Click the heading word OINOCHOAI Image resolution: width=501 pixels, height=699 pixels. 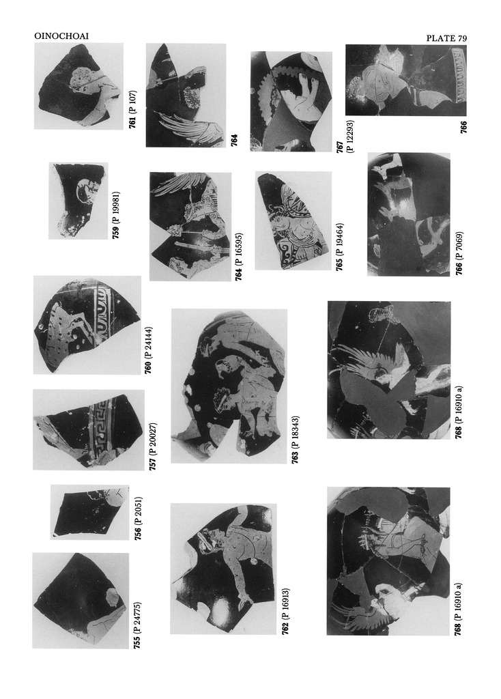click(61, 36)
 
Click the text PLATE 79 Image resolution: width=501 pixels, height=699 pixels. click(446, 38)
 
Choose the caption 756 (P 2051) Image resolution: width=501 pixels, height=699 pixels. click(138, 518)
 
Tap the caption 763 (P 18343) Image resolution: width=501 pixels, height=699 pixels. click(295, 440)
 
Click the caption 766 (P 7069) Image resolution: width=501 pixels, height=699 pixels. click(459, 253)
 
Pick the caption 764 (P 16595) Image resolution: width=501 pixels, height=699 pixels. click(239, 257)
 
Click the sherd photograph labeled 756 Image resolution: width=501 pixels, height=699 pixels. click(90, 513)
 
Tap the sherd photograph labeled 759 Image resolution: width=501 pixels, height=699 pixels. click(78, 201)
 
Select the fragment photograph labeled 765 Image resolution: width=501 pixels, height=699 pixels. click(294, 220)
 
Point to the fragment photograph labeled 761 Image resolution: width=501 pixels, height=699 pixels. click(78, 86)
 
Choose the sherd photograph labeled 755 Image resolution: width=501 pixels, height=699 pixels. click(81, 601)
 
